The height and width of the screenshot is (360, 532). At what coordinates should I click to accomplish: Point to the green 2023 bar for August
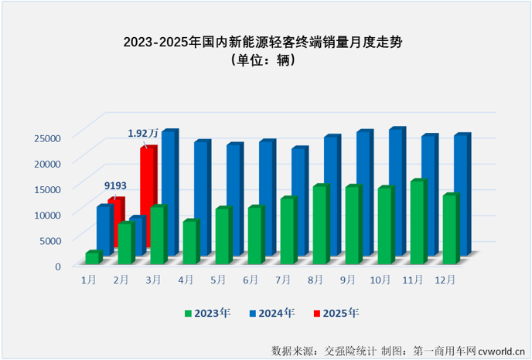[x=319, y=225]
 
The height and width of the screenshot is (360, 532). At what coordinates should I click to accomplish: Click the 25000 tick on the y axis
[x=46, y=138]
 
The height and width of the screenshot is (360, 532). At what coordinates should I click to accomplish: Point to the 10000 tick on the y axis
[x=46, y=214]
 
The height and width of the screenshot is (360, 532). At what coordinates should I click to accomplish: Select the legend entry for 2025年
[x=336, y=313]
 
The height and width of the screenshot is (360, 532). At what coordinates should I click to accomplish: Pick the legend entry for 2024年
[x=271, y=313]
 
